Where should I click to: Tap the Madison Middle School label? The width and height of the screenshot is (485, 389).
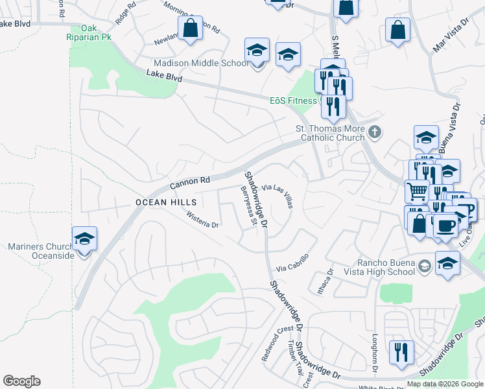coord(201,63)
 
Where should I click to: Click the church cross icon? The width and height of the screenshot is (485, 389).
coord(373,133)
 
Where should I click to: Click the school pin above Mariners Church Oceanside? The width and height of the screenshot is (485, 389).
coord(84,239)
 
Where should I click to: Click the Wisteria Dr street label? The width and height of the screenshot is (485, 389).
coord(203,219)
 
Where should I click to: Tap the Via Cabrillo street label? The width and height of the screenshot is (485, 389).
coord(291,262)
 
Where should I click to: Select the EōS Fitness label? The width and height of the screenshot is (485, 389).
coord(296,100)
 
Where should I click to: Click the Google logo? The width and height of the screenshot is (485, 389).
coord(21,381)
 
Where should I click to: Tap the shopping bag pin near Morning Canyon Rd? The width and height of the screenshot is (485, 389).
coord(190,29)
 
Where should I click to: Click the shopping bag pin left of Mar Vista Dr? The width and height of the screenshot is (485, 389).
coord(397,30)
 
